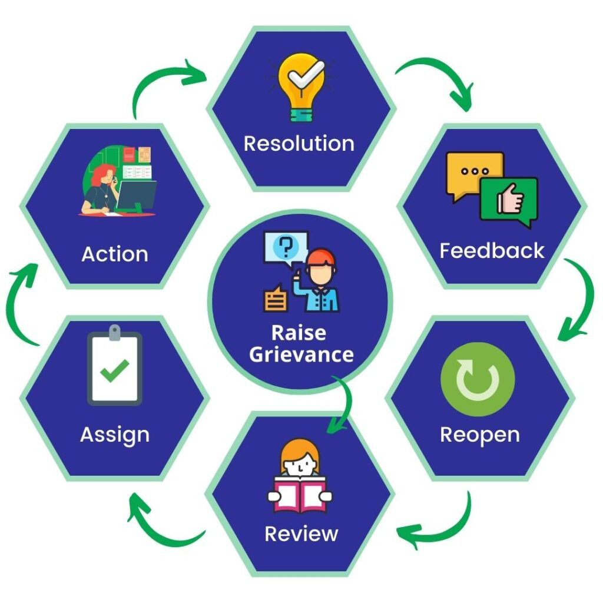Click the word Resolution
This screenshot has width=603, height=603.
click(299, 144)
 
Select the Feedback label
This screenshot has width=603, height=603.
click(492, 251)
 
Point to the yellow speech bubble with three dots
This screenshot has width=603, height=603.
click(475, 173)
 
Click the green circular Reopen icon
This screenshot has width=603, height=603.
click(478, 379)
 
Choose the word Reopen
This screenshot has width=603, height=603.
click(480, 435)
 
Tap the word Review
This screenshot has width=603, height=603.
click(301, 534)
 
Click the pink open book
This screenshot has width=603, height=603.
click(300, 495)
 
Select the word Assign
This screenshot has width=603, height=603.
click(115, 435)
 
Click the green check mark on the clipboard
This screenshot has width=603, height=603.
click(114, 370)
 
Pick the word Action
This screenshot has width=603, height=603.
click(115, 254)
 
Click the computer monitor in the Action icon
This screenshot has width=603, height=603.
click(137, 196)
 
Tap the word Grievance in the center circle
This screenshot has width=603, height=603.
click(301, 354)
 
